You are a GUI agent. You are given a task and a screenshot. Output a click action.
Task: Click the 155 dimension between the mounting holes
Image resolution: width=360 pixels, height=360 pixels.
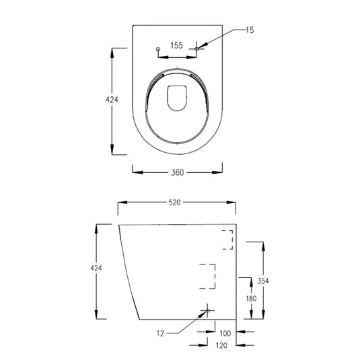pos(176,46)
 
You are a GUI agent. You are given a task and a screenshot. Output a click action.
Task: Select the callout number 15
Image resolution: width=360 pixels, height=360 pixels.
pos(250,31)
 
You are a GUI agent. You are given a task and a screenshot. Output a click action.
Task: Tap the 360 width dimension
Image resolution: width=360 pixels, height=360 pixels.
pos(177,172)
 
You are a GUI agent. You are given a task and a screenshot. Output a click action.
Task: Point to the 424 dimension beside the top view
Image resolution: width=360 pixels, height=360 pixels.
pos(112,100)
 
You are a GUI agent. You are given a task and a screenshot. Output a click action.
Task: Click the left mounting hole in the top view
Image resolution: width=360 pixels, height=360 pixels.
pos(158,49)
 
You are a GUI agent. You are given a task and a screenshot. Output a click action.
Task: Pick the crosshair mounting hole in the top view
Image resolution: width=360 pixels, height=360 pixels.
pos(197,48)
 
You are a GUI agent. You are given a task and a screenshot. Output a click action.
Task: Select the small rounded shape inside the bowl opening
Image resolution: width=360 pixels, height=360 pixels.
pos(177,98)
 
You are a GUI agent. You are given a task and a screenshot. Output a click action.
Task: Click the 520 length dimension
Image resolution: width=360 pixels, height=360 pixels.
pos(176,203)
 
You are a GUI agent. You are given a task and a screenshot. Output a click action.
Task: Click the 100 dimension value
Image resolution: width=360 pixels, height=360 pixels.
pos(225,332)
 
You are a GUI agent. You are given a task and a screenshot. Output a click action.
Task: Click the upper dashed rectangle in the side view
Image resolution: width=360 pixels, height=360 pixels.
pos(227,240)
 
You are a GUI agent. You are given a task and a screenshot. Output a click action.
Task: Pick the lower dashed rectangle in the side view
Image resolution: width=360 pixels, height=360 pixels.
pos(209,276)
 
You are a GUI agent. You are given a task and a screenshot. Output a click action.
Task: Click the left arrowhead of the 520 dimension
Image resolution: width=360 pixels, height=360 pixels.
pos(122,203)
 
